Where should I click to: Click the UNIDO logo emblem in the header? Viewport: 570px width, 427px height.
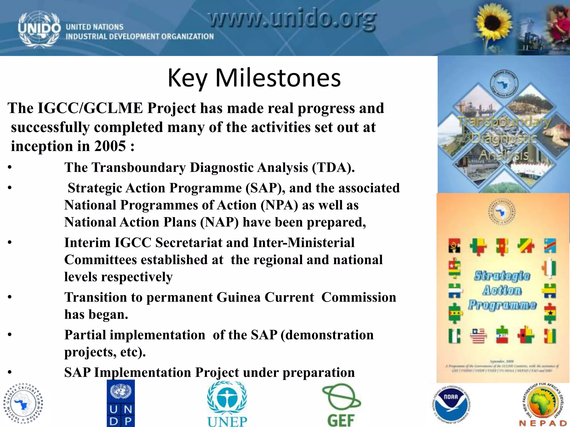click(39, 29)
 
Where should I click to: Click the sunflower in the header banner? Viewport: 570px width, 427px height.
click(493, 24)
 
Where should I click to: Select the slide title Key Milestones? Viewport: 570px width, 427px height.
click(254, 78)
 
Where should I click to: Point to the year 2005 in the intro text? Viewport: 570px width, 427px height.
click(110, 146)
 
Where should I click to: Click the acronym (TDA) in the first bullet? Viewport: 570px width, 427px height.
click(333, 168)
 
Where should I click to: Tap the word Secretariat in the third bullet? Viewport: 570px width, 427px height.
click(189, 243)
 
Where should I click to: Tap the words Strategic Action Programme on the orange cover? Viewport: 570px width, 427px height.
click(502, 291)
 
